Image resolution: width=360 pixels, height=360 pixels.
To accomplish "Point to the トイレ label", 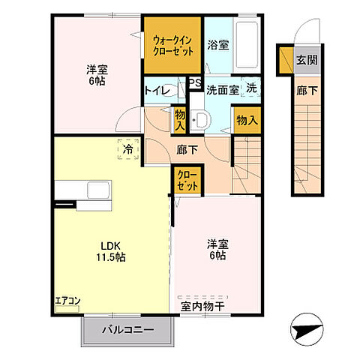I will (x=159, y=91).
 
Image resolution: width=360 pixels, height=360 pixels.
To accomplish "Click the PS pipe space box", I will (x=194, y=83).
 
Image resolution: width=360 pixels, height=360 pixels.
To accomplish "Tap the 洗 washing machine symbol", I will (x=252, y=88).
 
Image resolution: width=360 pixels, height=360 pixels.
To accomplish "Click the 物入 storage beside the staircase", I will (x=247, y=120).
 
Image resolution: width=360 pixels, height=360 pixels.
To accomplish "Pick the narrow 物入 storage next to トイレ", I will (x=180, y=119).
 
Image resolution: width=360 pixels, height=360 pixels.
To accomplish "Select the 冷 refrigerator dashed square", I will (x=127, y=149).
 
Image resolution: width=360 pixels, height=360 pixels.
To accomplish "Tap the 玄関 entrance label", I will (x=304, y=59).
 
